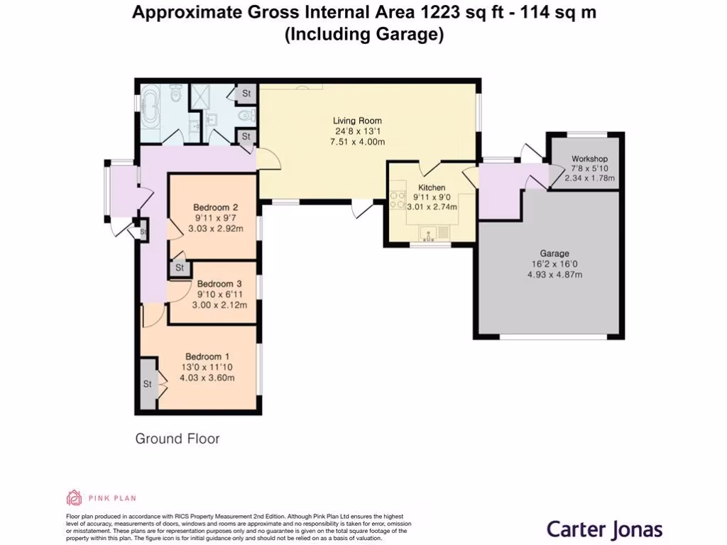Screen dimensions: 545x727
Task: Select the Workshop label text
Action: [x=589, y=159]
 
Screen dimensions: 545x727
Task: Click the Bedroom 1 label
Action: [x=207, y=356]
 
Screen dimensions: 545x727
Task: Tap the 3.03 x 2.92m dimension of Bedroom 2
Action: [x=215, y=229]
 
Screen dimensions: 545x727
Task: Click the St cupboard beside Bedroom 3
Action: [x=179, y=268]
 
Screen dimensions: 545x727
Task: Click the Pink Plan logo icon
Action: [x=74, y=497]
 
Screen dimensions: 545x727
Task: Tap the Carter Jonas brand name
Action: [x=604, y=529]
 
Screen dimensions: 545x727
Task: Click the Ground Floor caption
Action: [x=177, y=439]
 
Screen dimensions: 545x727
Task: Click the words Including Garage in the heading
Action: [x=363, y=34]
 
